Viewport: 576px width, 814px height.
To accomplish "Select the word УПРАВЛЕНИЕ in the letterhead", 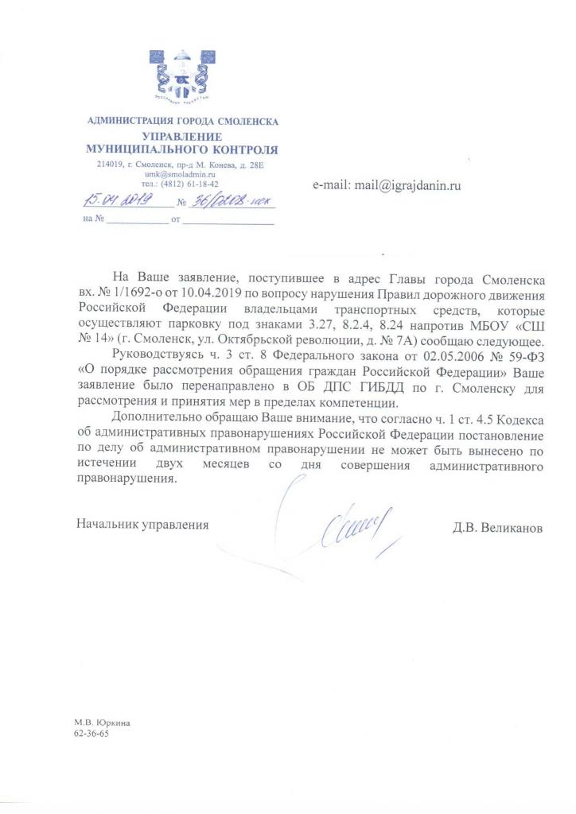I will tap(182, 137).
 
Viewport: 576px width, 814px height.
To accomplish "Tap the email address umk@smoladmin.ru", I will tap(181, 173).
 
